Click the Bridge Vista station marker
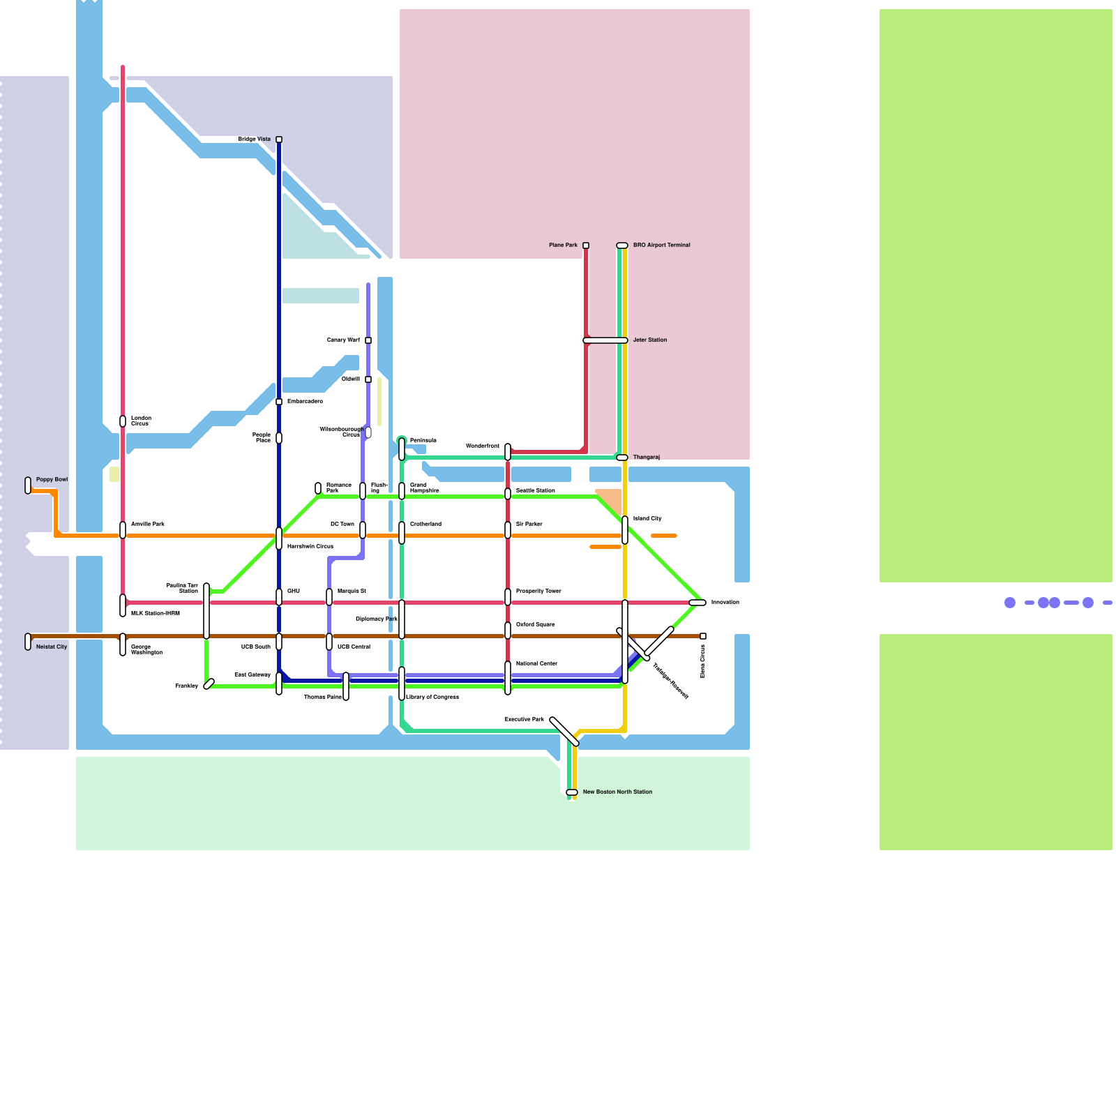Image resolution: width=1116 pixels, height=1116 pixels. (x=279, y=139)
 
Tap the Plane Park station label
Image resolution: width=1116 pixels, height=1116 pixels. (x=563, y=246)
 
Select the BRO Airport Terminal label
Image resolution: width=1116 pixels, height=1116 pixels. (x=661, y=246)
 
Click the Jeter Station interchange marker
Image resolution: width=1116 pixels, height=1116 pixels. (x=605, y=340)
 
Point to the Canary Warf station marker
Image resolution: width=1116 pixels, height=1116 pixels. (x=368, y=340)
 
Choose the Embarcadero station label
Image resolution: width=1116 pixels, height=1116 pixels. (x=305, y=402)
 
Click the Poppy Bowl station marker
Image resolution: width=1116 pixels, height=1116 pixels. (x=28, y=485)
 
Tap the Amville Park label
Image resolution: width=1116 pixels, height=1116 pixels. (x=148, y=525)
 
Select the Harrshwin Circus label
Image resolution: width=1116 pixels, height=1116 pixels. (x=310, y=547)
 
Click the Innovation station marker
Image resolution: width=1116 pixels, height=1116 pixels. (x=697, y=603)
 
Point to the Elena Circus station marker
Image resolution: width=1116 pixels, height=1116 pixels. (x=703, y=636)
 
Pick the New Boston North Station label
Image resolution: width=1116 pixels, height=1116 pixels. (x=617, y=792)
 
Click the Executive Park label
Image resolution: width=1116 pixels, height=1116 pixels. (x=524, y=720)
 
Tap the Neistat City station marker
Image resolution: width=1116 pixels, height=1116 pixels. (x=28, y=642)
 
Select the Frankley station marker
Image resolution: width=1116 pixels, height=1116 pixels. (x=209, y=684)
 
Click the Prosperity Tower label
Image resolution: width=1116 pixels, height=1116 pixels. (x=538, y=591)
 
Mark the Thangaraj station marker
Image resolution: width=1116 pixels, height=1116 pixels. (x=622, y=458)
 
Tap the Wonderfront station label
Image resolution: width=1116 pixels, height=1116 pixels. (x=483, y=446)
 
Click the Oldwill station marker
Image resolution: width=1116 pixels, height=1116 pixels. (x=368, y=379)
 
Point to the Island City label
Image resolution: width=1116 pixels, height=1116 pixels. (x=647, y=519)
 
